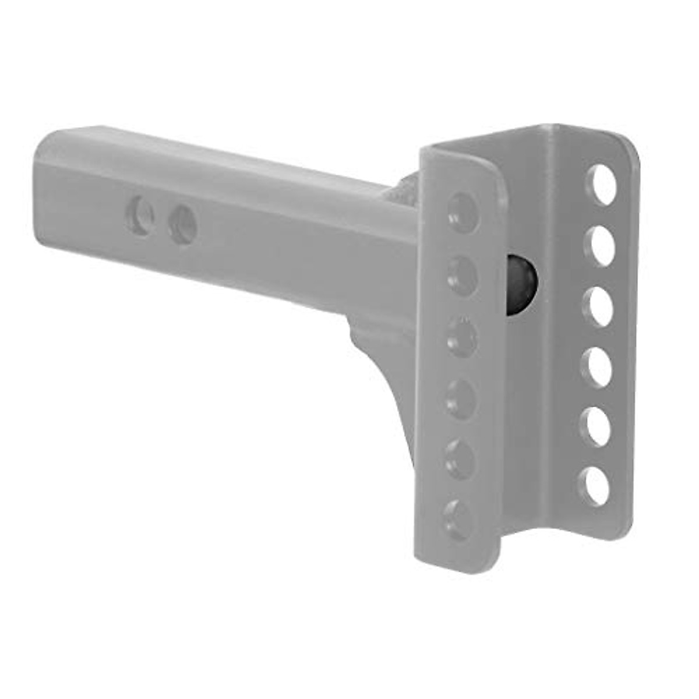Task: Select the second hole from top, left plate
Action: click(463, 276)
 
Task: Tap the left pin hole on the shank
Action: click(140, 217)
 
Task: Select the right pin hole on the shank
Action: click(182, 224)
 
